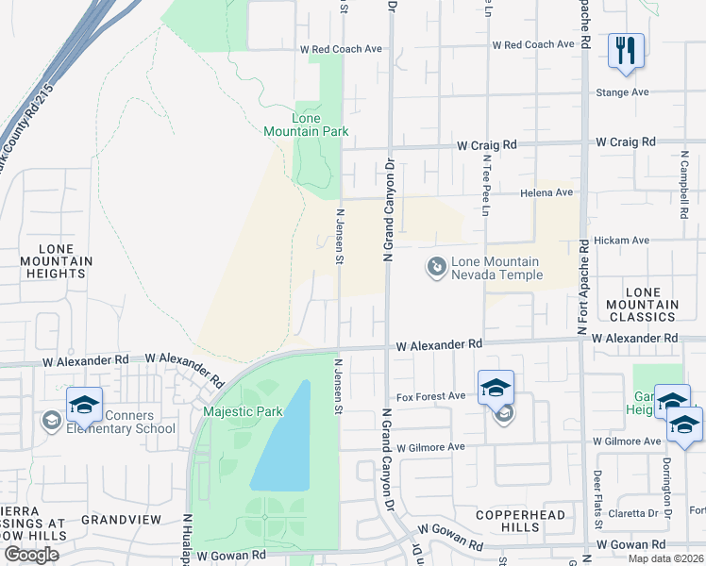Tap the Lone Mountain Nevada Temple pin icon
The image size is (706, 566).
(436, 268)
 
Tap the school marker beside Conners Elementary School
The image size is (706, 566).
(84, 405)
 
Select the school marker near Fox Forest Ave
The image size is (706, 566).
(496, 388)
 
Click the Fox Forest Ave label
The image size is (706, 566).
(430, 396)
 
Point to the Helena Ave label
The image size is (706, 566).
(546, 192)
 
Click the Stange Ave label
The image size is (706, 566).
(623, 92)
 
